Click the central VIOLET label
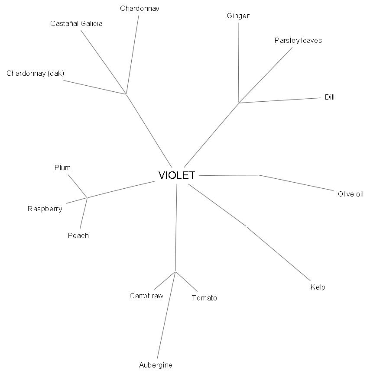pos(177,175)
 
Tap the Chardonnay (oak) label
pos(35,74)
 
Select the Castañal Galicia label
pos(76,24)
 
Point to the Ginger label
pos(238,16)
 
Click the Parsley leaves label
pos(298,41)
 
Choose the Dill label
pos(330,97)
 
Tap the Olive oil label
pos(351,194)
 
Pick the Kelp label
pos(318,287)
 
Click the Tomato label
pos(204,298)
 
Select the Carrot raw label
pos(146,296)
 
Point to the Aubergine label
pos(156,365)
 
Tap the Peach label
pos(78,236)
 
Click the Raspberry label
pos(45,209)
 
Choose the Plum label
pos(62,168)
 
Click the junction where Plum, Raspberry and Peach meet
pos(87,198)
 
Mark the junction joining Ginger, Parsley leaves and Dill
pos(239,103)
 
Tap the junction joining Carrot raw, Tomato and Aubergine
pos(175,272)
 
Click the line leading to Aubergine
pos(166,316)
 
